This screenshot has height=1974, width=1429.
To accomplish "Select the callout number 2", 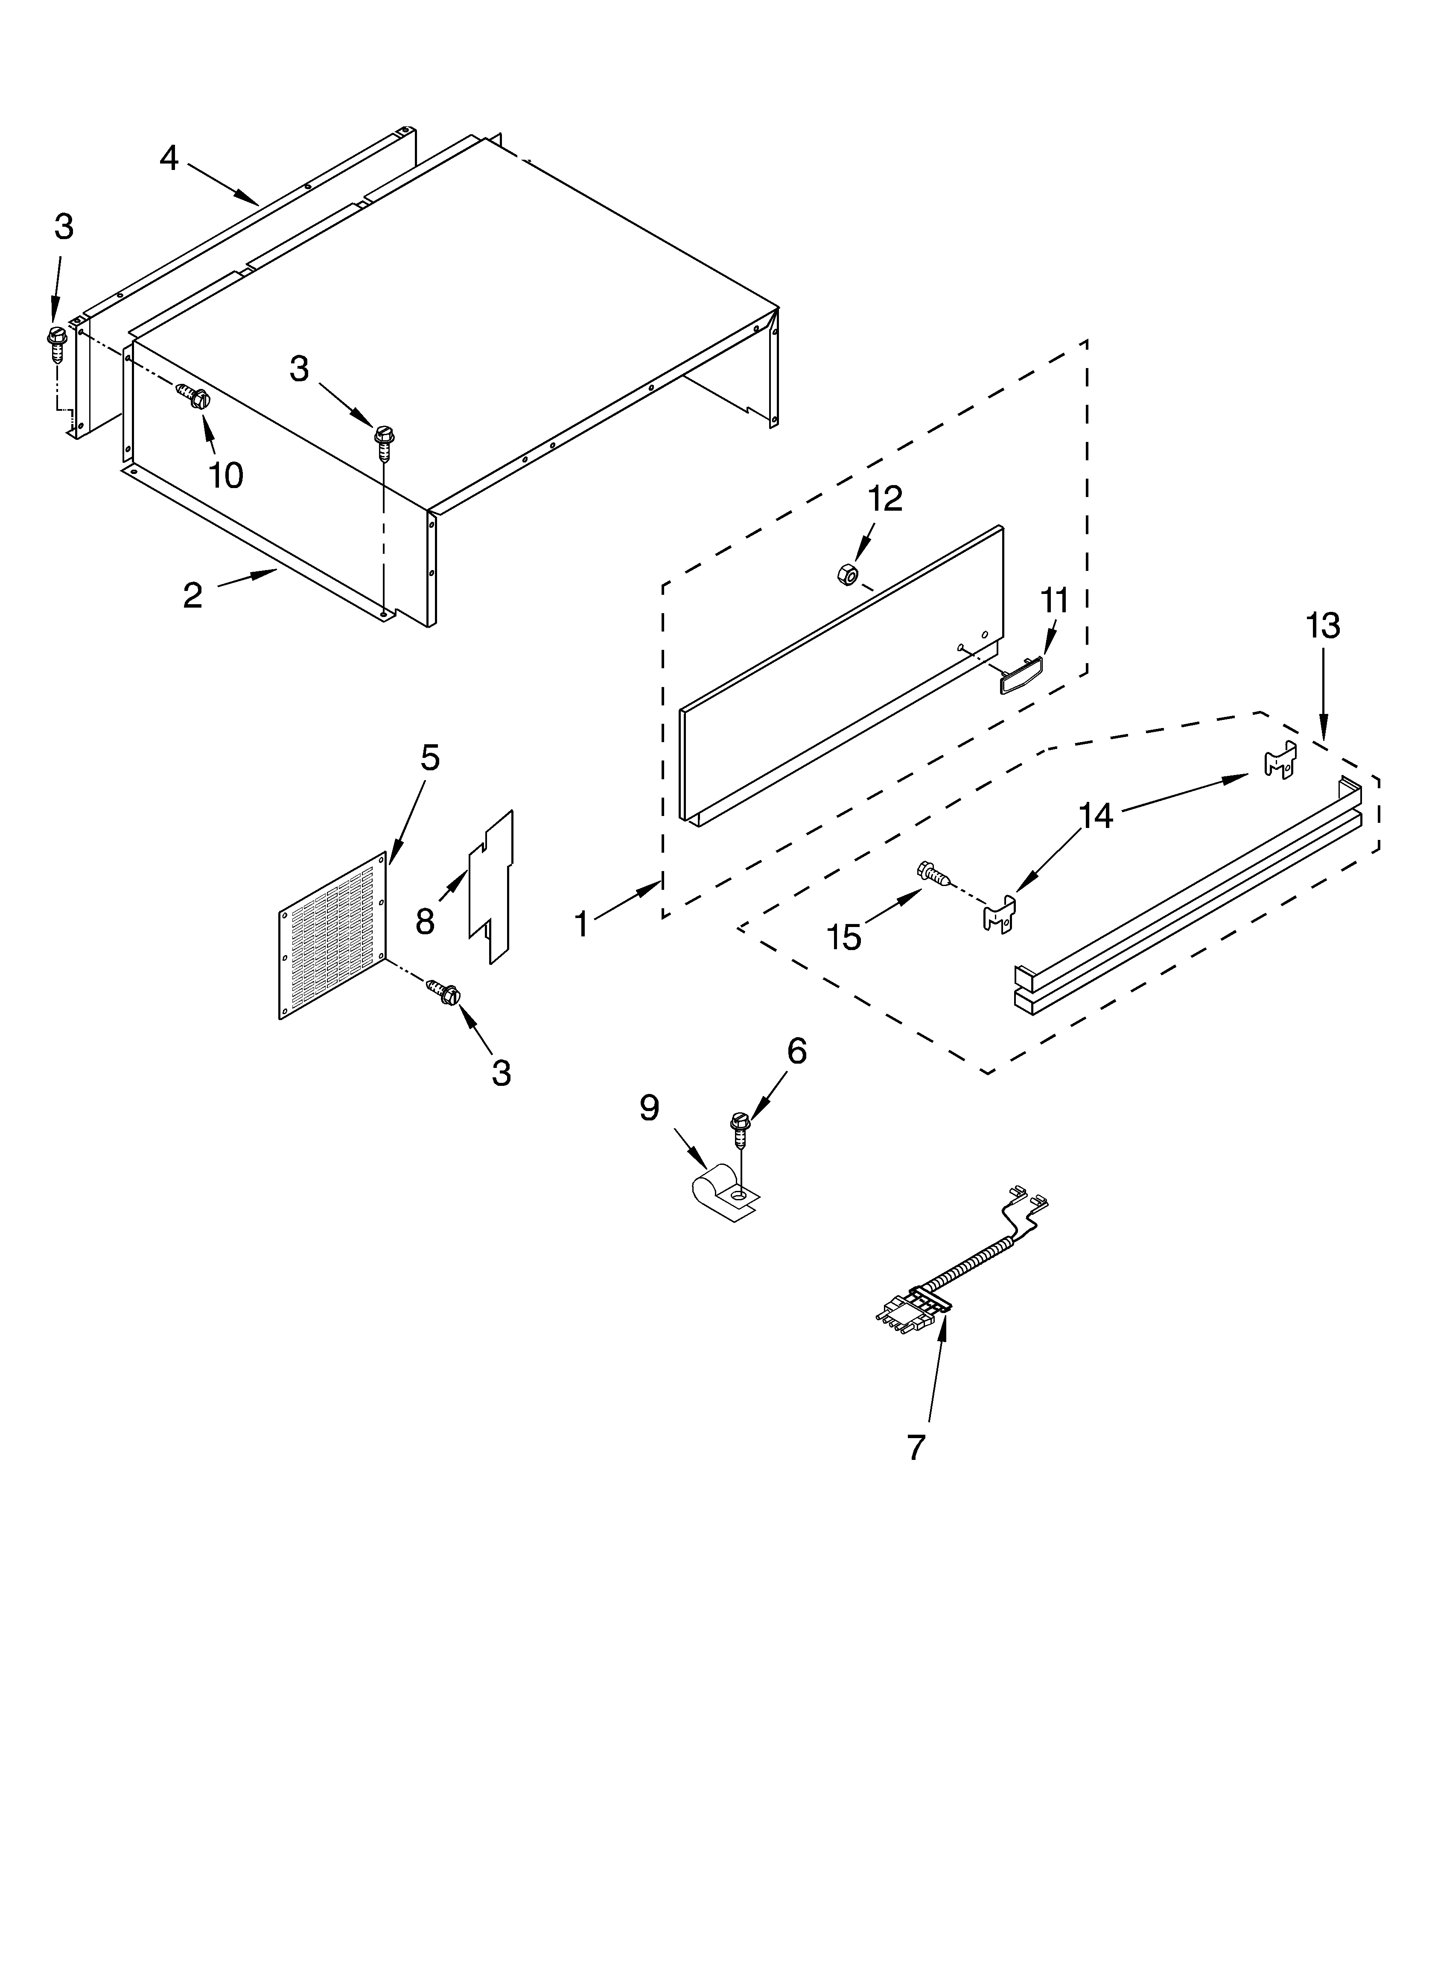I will click(x=192, y=595).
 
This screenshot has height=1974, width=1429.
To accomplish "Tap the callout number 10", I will click(x=225, y=475).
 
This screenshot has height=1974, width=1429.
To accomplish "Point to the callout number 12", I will click(x=884, y=499).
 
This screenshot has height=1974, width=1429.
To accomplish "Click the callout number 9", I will click(x=649, y=1107).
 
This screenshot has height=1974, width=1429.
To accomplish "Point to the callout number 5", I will click(x=430, y=758).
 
